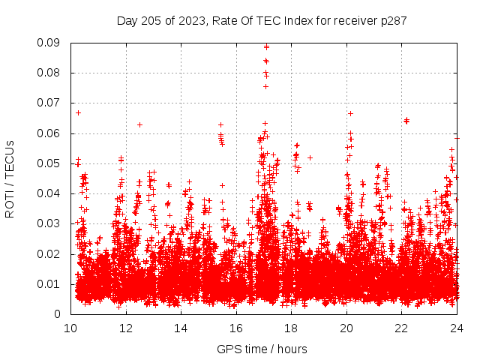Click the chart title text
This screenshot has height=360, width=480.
[262, 21]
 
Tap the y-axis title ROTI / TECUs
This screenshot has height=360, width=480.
[10, 178]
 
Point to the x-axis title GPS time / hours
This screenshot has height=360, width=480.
[262, 349]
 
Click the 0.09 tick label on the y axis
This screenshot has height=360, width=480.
[51, 43]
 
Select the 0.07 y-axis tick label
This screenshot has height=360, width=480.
[51, 103]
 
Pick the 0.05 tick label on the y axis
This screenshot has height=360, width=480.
[51, 163]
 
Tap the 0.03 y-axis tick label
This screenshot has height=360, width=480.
[51, 223]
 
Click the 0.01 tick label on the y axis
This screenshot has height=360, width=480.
[51, 283]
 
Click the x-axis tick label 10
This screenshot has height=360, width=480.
[70, 328]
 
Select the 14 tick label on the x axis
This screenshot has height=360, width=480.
[181, 328]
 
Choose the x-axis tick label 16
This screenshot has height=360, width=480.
[236, 328]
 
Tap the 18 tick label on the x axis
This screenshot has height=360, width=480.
[291, 328]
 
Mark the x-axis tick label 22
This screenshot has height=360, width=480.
[401, 328]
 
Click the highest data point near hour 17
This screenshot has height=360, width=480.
[266, 46]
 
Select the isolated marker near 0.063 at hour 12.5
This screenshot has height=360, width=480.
[139, 124]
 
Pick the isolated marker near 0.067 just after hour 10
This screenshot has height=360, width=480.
[78, 112]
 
